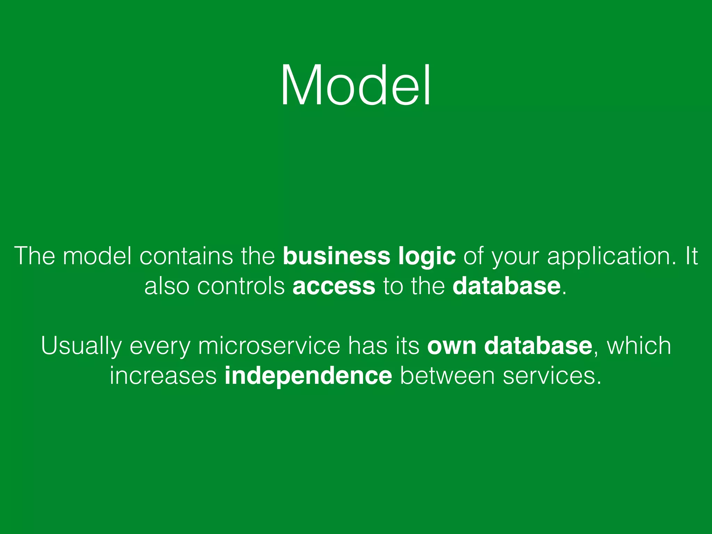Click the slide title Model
pos(356,85)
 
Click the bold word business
pos(337,256)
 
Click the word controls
pos(241,286)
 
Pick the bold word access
pos(334,287)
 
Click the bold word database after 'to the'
pos(506,286)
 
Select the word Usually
pos(81,346)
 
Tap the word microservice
pos(269,346)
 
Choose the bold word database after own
pos(538,346)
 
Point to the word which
pos(639,346)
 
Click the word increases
pos(163,376)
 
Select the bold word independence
pos(308,376)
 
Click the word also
pos(167,286)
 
